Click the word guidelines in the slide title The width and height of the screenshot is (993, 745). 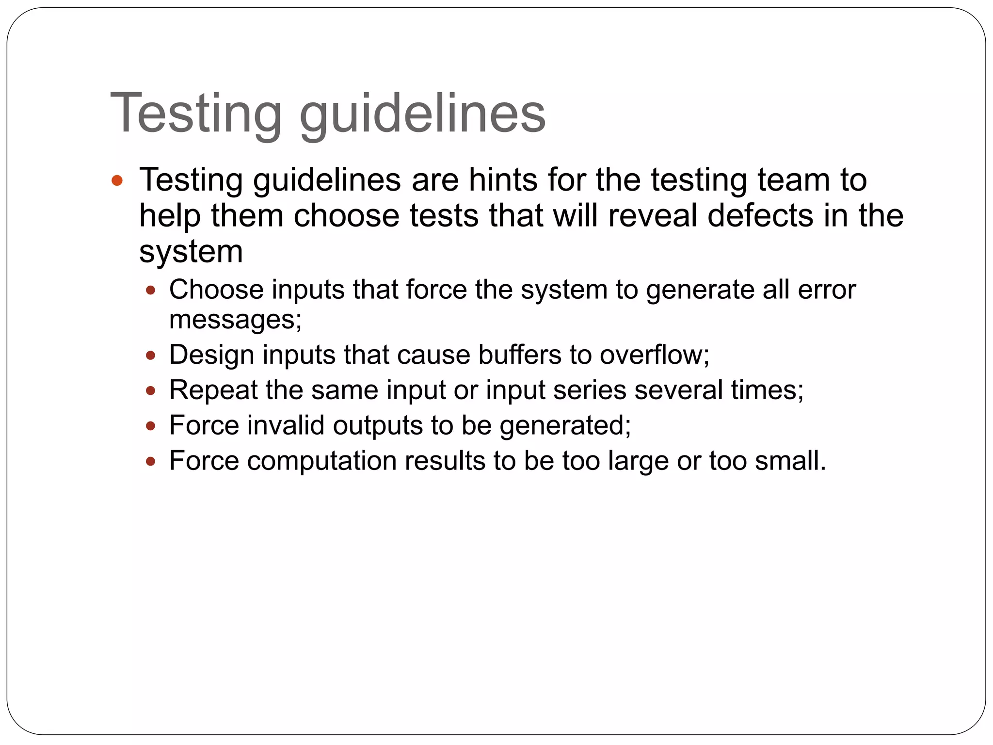(422, 113)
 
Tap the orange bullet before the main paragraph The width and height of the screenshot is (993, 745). (117, 181)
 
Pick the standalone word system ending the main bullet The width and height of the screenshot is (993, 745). (191, 252)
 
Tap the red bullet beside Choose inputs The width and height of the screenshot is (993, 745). (151, 291)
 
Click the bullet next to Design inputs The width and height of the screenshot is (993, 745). (151, 356)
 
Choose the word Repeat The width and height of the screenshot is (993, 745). (213, 390)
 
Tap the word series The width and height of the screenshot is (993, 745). (590, 390)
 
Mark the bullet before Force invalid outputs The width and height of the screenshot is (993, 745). (151, 426)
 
